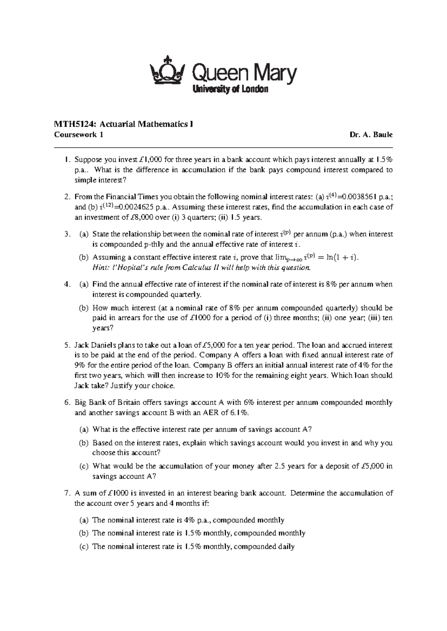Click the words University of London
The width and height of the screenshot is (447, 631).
pyautogui.click(x=230, y=89)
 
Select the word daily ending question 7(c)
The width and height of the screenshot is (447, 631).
pyautogui.click(x=286, y=547)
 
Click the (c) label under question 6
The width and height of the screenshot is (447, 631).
pyautogui.click(x=84, y=466)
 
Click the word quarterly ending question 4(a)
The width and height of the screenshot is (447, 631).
pyautogui.click(x=185, y=295)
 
